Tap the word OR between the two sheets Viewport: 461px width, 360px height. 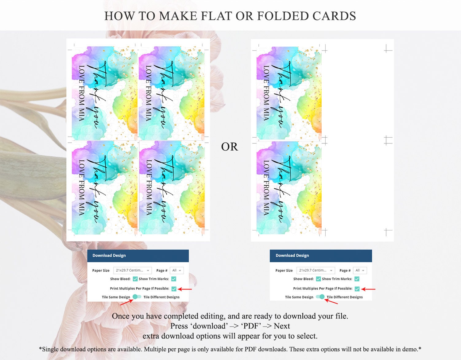pyautogui.click(x=230, y=147)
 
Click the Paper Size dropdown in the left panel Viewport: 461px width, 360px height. pyautogui.click(x=133, y=270)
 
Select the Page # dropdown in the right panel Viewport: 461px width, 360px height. pyautogui.click(x=360, y=270)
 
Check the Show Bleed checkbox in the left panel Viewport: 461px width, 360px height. pyautogui.click(x=135, y=279)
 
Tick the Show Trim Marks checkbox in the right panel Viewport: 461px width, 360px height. pyautogui.click(x=357, y=279)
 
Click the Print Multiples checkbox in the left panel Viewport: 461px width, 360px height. pyautogui.click(x=174, y=289)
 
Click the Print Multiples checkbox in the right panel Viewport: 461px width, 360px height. pyautogui.click(x=357, y=289)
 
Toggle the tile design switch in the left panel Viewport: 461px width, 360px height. pyautogui.click(x=137, y=297)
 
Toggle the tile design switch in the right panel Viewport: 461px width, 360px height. pyautogui.click(x=320, y=297)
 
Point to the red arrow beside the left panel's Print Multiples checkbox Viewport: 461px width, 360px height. pyautogui.click(x=184, y=289)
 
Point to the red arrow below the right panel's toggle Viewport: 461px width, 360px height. pyautogui.click(x=331, y=301)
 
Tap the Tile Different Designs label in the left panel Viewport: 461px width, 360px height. pyautogui.click(x=161, y=297)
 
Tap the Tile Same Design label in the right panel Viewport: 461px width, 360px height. pyautogui.click(x=299, y=297)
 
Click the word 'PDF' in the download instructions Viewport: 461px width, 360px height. pyautogui.click(x=251, y=326)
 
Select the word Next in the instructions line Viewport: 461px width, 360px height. pyautogui.click(x=282, y=326)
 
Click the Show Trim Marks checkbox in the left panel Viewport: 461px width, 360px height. pyautogui.click(x=173, y=279)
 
